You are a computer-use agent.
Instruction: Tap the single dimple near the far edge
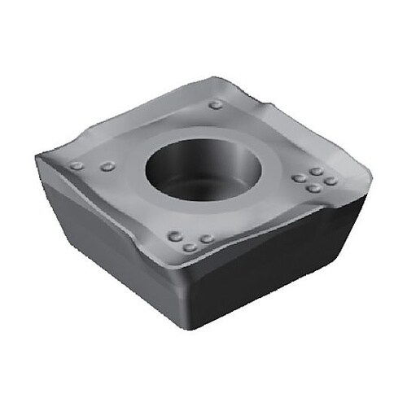215,104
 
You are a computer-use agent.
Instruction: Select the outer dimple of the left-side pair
77,166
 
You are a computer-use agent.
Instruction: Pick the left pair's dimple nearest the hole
107,167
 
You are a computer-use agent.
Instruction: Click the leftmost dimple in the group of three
174,237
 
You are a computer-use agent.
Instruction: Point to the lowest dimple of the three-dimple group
189,247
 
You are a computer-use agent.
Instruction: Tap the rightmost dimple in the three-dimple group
207,239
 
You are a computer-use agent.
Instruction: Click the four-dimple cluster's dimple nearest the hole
299,178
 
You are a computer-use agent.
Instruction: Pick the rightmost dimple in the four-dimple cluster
330,181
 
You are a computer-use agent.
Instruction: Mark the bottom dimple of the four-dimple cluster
313,188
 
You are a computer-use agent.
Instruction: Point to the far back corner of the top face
213,79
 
